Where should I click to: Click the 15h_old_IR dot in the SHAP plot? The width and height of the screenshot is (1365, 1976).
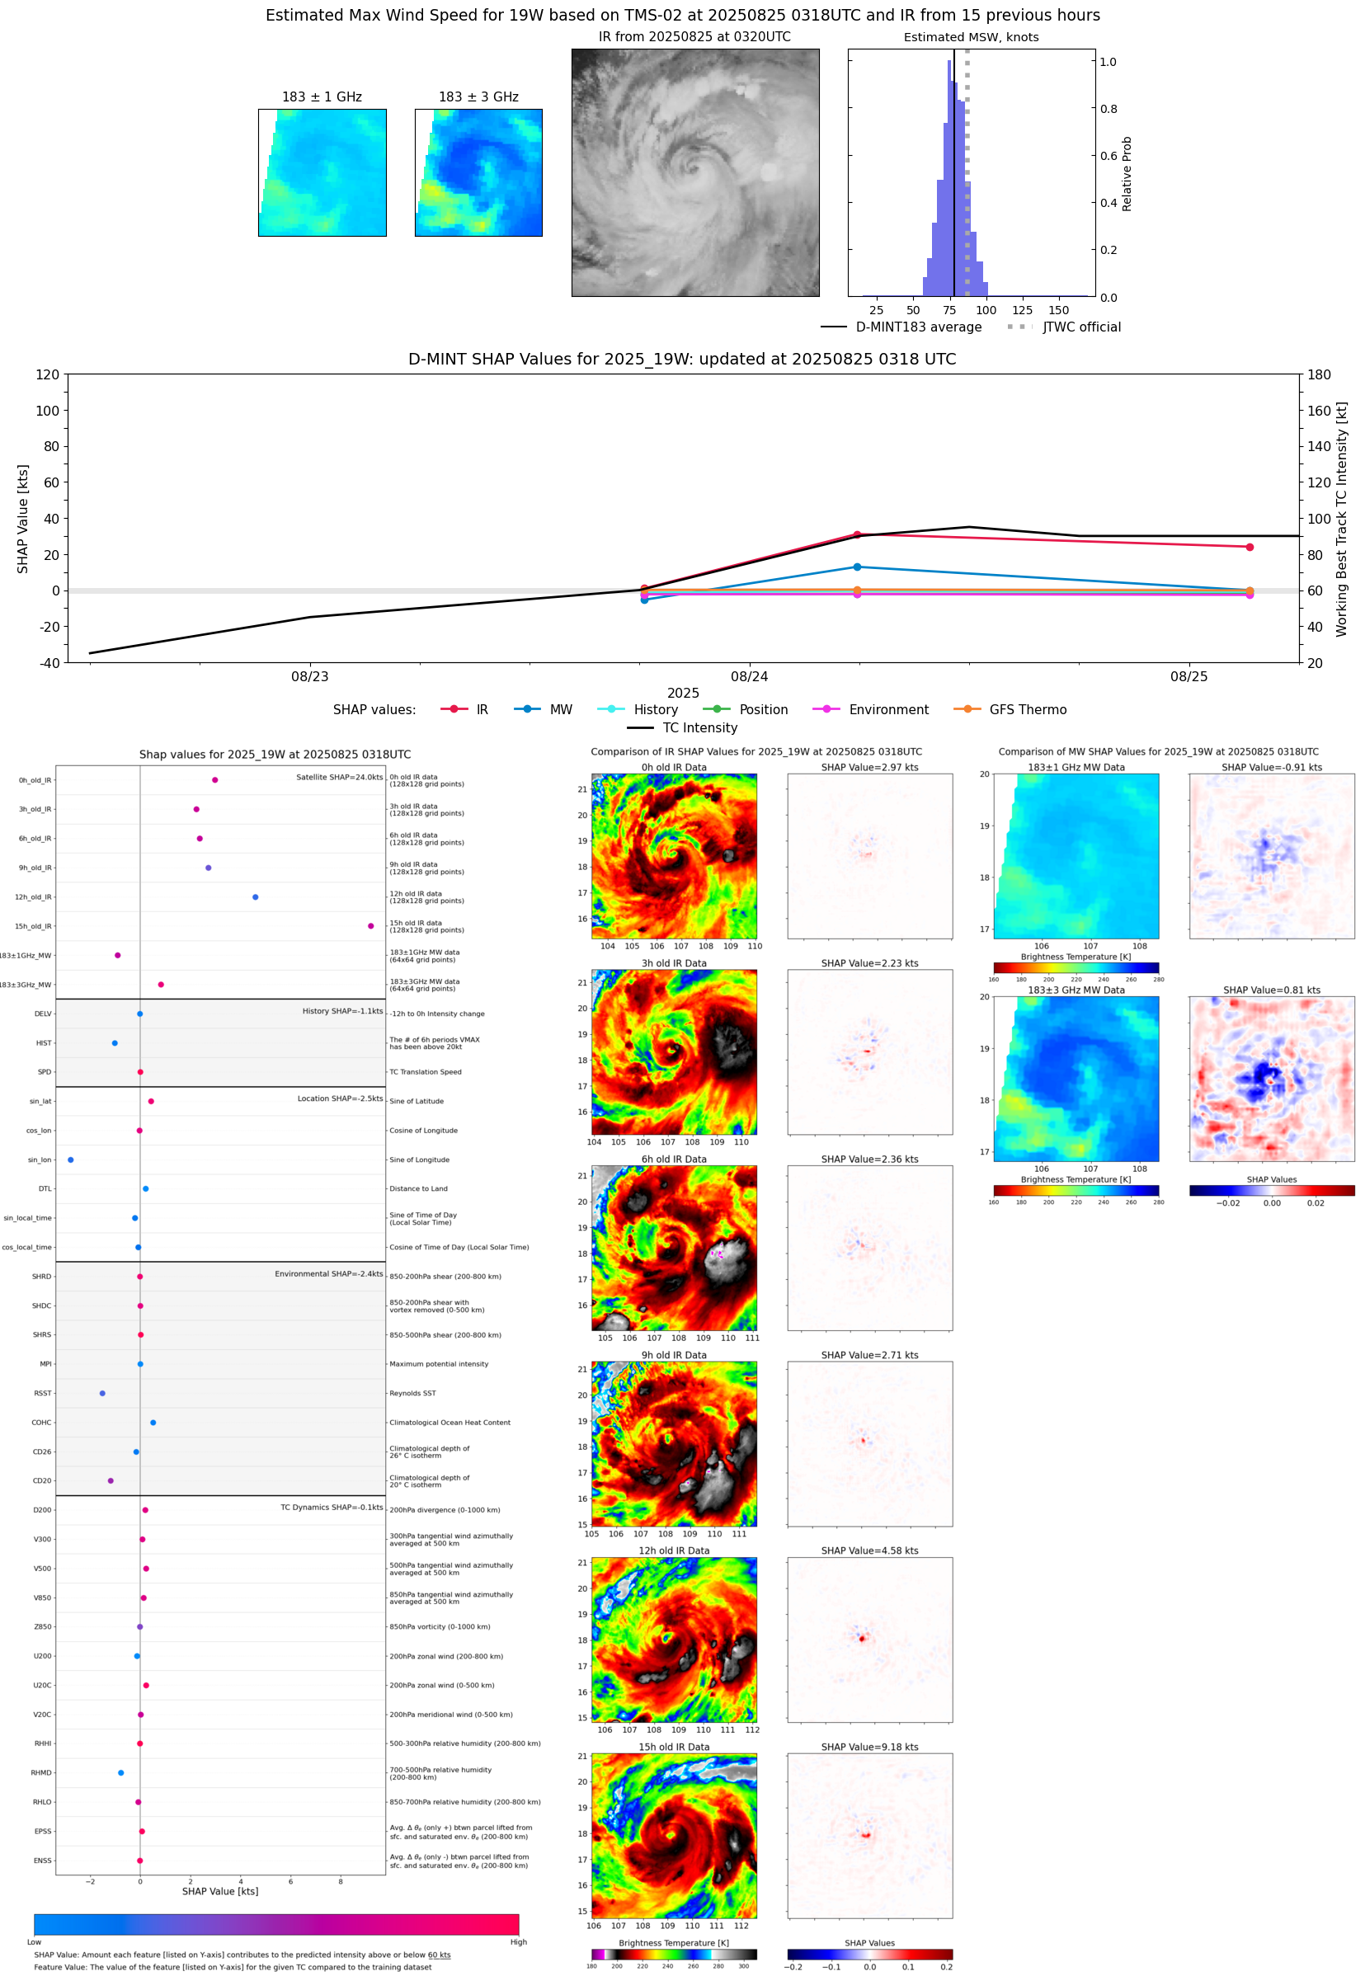coord(370,926)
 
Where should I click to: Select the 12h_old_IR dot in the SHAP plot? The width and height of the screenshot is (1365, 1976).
coord(255,897)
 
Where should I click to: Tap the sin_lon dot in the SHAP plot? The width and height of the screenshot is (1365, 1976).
coord(70,1160)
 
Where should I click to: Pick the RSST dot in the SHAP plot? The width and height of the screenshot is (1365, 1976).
coord(101,1393)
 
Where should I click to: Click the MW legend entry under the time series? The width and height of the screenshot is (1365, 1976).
coord(544,710)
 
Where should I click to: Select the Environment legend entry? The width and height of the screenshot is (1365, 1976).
coord(871,710)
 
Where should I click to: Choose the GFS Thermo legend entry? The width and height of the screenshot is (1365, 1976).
coord(1011,710)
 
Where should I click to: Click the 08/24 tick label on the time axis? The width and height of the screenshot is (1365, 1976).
coord(749,676)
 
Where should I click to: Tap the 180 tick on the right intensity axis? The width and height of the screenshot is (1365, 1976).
coord(1319,374)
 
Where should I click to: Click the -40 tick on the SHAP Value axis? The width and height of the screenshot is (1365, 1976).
coord(48,663)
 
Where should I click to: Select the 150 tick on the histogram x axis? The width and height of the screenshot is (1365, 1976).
coord(1059,310)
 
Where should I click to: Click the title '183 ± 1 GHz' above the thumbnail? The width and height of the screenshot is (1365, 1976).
coord(322,97)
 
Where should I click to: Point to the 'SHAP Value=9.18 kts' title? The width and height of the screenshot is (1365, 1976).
coord(870,1747)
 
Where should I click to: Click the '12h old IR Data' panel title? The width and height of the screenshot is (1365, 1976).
coord(674,1550)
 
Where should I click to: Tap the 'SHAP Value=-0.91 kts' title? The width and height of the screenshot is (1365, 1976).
coord(1271,767)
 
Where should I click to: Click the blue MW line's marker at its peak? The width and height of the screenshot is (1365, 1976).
coord(857,567)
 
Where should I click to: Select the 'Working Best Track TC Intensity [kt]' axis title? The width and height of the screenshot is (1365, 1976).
coord(1341,519)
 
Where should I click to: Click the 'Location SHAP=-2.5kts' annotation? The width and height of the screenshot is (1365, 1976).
coord(340,1099)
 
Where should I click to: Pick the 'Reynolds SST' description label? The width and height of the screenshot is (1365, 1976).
coord(412,1393)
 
